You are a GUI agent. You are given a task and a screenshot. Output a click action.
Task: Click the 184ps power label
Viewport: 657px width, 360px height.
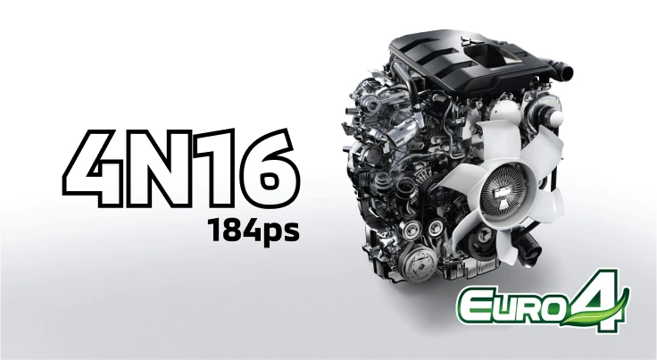[x=254, y=230]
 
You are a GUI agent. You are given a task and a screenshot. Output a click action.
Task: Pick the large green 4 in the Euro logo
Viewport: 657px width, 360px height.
[x=598, y=299]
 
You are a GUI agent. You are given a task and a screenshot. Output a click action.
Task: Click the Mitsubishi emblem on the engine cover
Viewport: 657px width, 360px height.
[x=467, y=42]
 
